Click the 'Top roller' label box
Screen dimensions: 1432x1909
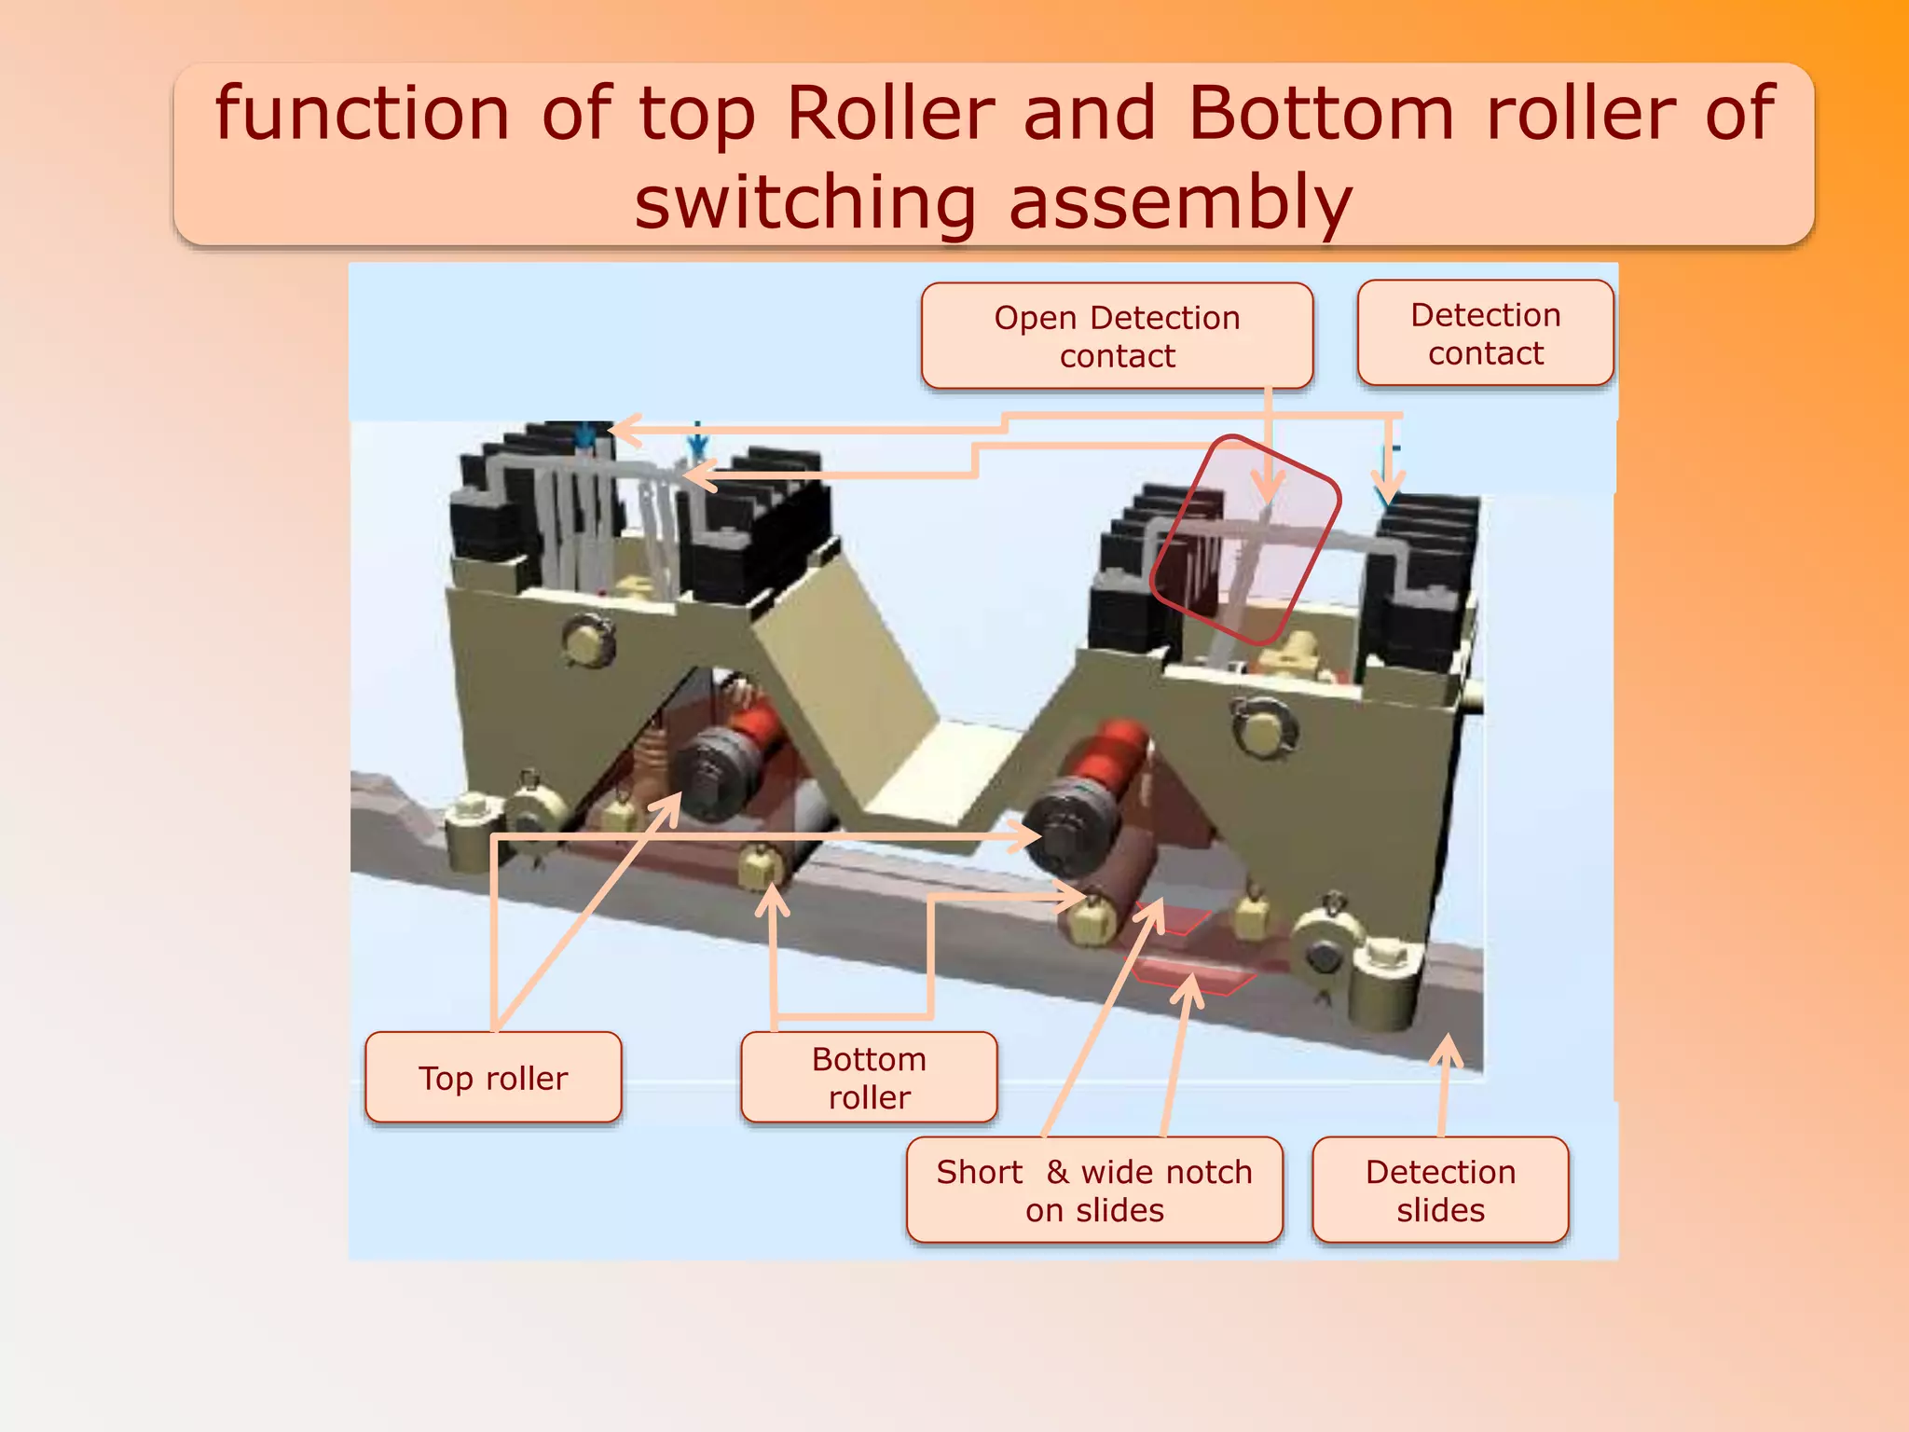click(493, 1077)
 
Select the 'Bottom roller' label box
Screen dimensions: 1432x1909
click(869, 1077)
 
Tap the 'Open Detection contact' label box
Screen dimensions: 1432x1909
click(1117, 336)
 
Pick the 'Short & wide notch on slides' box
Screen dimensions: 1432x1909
click(1094, 1190)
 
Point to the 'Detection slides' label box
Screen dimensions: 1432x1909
click(1440, 1190)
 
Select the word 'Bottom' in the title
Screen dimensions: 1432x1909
click(1321, 114)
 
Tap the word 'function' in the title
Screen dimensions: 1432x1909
click(363, 114)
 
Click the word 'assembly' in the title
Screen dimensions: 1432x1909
click(1180, 202)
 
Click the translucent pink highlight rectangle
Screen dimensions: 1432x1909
click(1245, 540)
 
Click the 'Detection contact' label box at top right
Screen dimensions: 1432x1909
click(1485, 333)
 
